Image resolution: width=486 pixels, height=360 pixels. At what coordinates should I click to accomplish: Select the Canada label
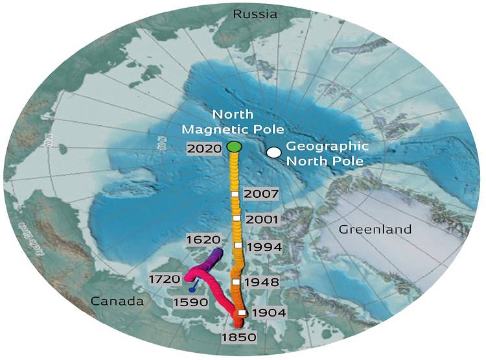117,301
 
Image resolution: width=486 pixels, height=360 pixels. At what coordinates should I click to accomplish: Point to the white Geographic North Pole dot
274,152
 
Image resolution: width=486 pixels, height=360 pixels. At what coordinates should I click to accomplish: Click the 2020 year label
204,148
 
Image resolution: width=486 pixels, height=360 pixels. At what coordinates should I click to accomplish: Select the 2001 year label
262,219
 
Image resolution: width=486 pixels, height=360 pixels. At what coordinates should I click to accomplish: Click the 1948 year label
262,283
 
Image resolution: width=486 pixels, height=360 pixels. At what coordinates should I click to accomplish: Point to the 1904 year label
268,313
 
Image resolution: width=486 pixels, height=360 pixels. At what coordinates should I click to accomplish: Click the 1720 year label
163,280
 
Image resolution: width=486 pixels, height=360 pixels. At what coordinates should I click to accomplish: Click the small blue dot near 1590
192,290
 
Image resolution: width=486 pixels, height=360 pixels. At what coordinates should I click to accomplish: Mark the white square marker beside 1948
237,282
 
